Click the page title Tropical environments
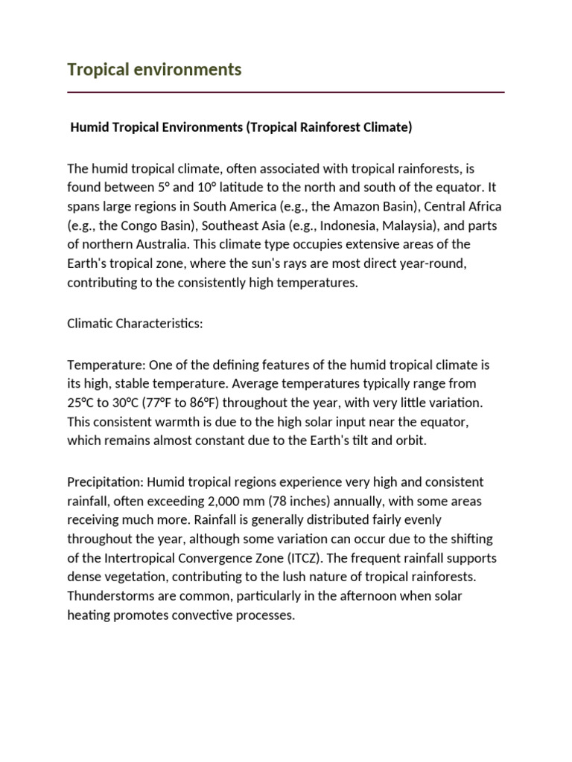click(154, 69)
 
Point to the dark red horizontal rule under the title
click(285, 92)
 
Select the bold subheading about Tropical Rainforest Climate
click(241, 127)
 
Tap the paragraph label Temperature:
click(107, 365)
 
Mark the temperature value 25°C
click(82, 403)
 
